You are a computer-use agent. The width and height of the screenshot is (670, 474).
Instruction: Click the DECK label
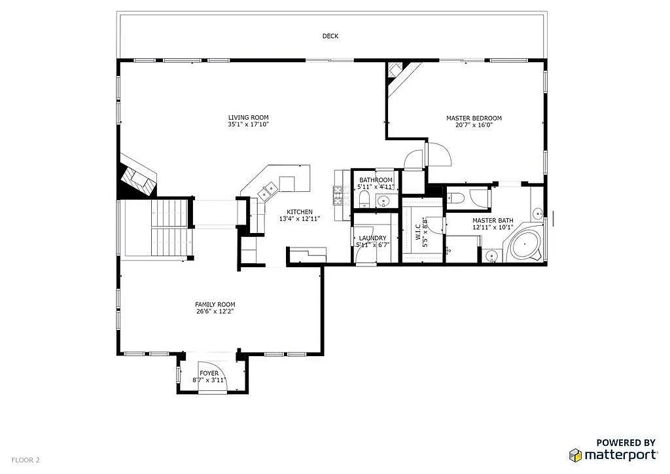click(x=330, y=36)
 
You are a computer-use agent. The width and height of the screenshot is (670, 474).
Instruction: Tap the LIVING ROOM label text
click(x=248, y=118)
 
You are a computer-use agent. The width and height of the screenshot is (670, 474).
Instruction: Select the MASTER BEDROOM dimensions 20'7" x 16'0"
click(x=474, y=125)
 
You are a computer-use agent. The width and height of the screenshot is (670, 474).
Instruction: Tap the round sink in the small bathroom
click(x=385, y=201)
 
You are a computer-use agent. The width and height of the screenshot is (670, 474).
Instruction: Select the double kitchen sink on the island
click(x=268, y=191)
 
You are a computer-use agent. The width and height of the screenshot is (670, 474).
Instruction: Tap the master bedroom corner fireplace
click(x=397, y=71)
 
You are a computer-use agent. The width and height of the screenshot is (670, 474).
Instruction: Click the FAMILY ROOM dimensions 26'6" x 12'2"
click(x=215, y=312)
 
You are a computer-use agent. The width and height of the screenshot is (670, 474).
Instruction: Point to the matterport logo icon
click(x=576, y=455)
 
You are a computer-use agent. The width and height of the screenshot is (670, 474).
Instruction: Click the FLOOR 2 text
click(x=26, y=460)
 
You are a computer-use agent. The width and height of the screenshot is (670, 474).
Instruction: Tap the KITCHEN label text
click(x=300, y=211)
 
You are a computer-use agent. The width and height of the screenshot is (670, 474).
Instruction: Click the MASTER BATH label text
click(x=493, y=221)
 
